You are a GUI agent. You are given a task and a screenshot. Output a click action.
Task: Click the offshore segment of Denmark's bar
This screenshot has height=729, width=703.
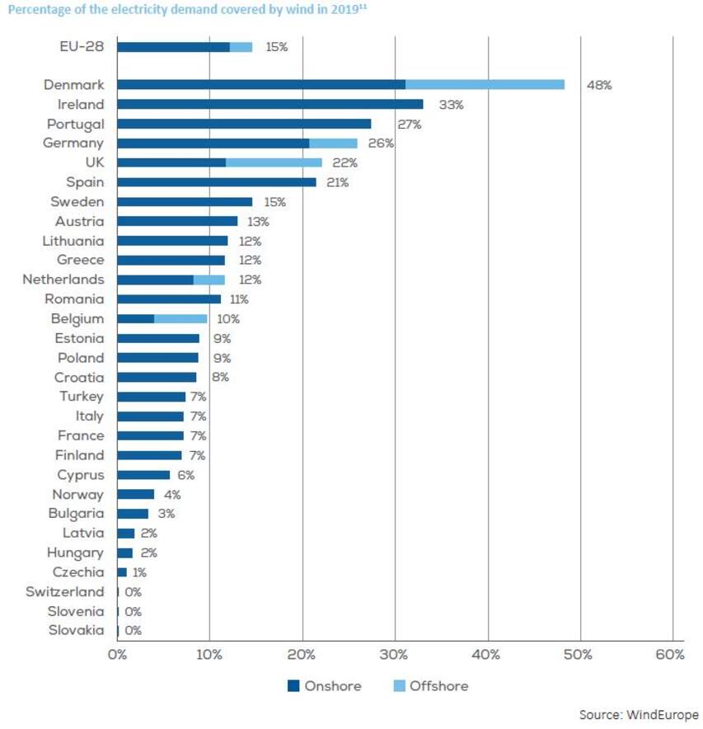pos(485,84)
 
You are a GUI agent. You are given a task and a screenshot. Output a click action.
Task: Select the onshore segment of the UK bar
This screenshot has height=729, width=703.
pos(171,162)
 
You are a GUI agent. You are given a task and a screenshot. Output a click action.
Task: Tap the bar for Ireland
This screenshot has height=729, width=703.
pos(269,104)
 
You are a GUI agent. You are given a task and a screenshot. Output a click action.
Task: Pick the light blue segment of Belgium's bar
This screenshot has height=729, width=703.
pos(180,318)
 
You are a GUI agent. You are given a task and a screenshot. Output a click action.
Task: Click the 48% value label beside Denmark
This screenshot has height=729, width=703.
pos(598,85)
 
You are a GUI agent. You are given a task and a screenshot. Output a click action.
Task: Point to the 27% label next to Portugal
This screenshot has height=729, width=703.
pos(409,125)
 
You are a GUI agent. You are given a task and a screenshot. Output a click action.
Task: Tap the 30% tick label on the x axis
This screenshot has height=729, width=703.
pos(395,655)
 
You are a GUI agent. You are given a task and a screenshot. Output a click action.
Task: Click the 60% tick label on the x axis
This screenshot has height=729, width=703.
pos(671,655)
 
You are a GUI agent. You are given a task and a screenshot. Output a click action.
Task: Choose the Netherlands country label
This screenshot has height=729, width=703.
pos(63,280)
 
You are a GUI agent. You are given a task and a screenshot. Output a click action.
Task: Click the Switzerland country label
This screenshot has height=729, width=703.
pos(65,591)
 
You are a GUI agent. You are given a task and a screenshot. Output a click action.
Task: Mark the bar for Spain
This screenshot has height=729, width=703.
pos(216,182)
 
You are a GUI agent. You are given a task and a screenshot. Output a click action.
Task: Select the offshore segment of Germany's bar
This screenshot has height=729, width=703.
pos(333,143)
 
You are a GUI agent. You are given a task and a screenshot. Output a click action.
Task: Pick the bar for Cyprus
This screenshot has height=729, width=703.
pos(143,475)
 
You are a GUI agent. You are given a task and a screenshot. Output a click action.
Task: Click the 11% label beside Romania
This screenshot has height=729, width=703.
pos(239,299)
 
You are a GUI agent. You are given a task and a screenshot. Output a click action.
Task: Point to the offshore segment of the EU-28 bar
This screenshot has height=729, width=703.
pos(241,47)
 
